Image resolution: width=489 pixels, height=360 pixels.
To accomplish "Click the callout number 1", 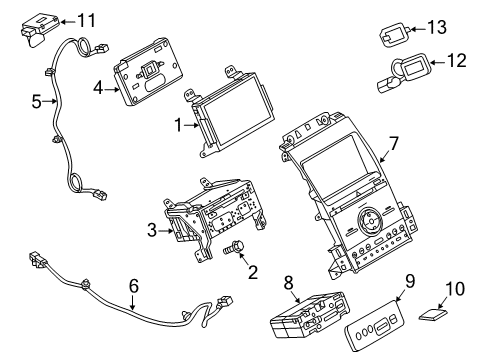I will point(179,126).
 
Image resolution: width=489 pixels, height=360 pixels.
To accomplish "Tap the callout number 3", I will point(151,230).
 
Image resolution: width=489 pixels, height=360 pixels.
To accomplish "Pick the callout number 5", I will point(36,100).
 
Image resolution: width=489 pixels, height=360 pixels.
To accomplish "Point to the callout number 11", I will point(87,19).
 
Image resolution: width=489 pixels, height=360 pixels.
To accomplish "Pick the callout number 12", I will point(455,61).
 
